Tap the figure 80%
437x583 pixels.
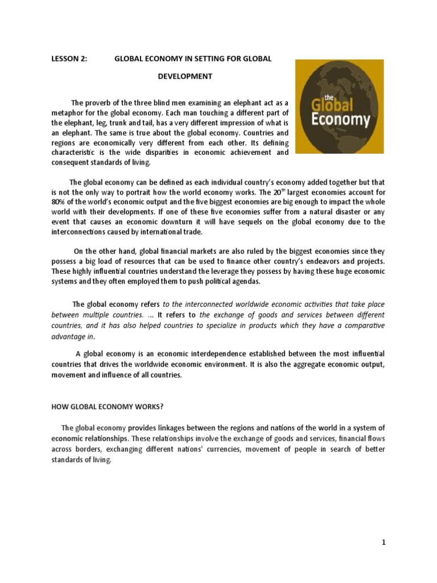point(59,202)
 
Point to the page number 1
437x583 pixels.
point(384,543)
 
